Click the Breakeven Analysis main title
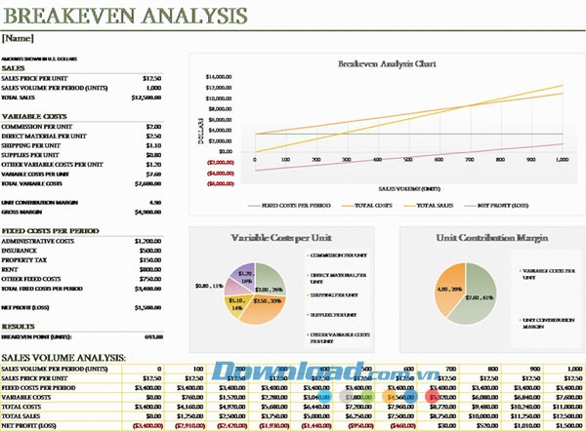pos(125,17)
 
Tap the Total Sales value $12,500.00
pos(145,98)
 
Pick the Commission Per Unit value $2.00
pos(153,126)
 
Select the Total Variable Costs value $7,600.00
pos(146,183)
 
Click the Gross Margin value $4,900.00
pos(146,211)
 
